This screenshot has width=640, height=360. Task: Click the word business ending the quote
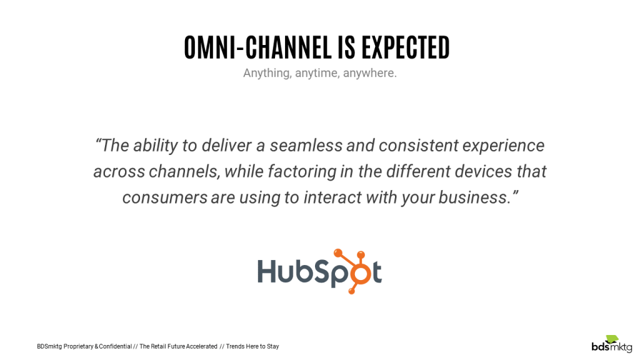coord(474,197)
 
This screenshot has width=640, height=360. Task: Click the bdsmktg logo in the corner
coord(612,343)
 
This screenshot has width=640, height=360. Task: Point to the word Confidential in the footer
coord(114,346)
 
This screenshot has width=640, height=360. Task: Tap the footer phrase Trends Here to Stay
coord(252,346)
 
